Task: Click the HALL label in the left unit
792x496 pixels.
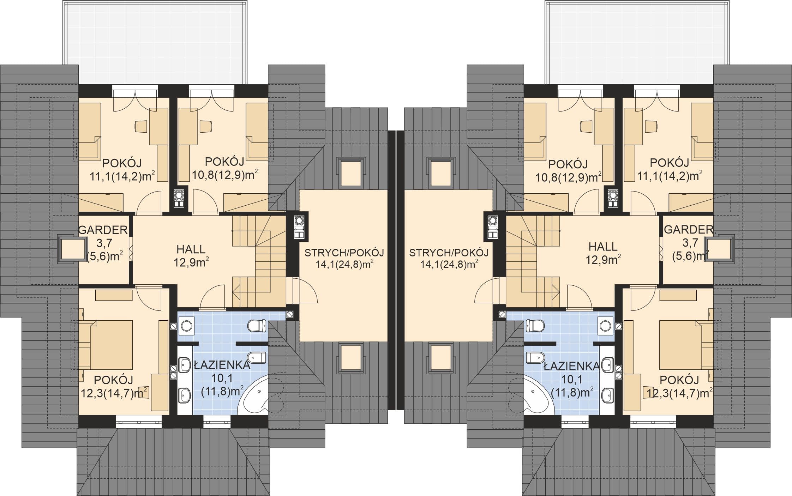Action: (x=191, y=249)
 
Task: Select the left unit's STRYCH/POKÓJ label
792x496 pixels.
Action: (x=344, y=253)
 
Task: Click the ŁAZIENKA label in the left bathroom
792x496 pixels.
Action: (x=222, y=365)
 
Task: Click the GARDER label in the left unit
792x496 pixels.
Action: (x=103, y=230)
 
